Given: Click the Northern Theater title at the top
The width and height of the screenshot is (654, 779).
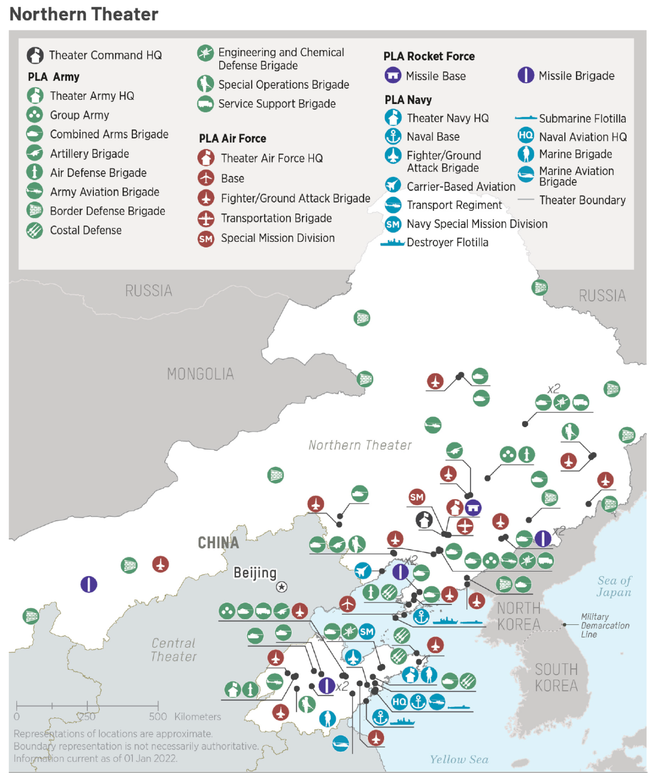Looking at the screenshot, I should [84, 14].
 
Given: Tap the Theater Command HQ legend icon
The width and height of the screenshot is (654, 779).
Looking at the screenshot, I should [35, 55].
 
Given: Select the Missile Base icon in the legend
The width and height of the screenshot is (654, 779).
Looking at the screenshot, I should [393, 76].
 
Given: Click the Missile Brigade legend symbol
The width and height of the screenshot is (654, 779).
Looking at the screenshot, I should [526, 76].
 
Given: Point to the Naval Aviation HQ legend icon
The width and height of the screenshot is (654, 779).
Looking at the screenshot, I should [526, 135].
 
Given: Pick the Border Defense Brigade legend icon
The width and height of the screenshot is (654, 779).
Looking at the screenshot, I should [35, 210].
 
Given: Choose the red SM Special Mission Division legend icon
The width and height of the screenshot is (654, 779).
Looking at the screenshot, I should [205, 238].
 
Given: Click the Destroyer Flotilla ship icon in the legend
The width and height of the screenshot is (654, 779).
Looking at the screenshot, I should [392, 243].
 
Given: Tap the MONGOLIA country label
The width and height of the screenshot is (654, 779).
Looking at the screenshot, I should [200, 374].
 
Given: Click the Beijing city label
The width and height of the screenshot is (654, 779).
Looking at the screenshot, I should [255, 573].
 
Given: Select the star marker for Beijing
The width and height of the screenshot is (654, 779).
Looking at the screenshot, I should [282, 587].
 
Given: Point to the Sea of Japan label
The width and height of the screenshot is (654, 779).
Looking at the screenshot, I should [614, 586].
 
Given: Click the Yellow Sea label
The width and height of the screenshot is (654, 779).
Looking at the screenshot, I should [459, 759].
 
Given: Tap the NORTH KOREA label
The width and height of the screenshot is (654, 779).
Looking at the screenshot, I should [519, 616].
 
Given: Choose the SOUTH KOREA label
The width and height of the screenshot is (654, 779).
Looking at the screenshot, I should [556, 678].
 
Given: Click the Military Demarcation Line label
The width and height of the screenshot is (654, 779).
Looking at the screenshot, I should [605, 625].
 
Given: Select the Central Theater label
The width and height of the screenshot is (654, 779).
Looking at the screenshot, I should [174, 650].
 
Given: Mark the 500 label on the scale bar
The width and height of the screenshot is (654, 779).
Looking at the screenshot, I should [158, 717].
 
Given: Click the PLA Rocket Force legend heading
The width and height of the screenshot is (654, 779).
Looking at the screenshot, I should [429, 56].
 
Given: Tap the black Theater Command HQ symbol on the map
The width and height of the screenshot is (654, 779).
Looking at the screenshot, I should [424, 519].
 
